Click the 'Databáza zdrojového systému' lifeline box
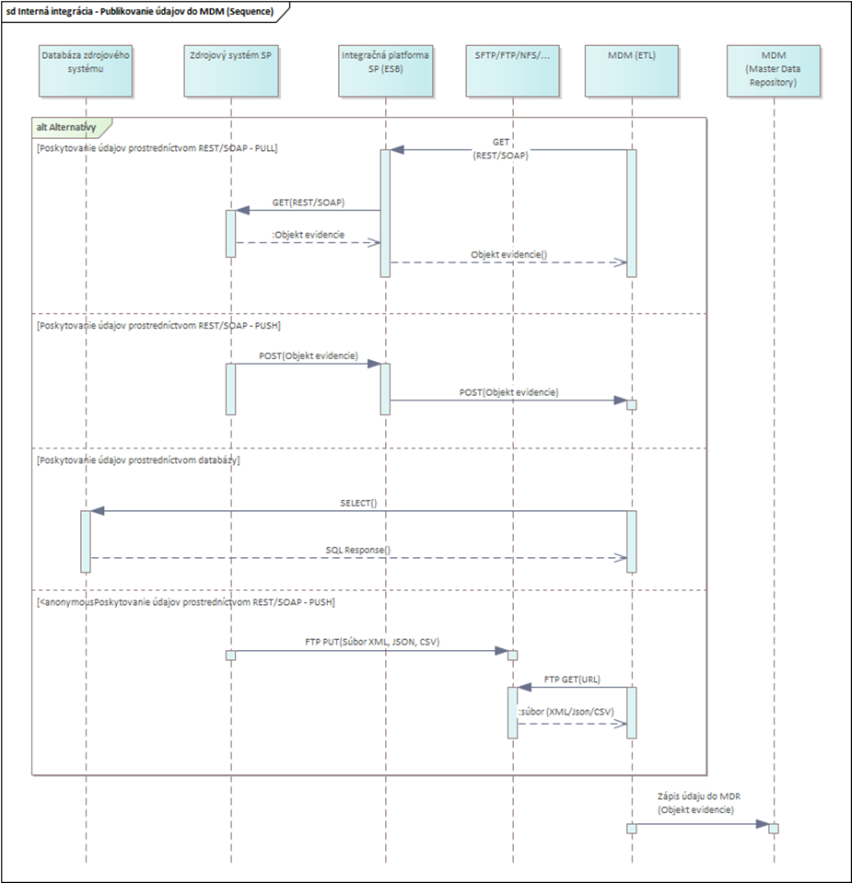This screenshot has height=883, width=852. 86,70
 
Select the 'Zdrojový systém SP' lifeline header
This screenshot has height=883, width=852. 230,70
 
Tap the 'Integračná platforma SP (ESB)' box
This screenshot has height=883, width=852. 386,70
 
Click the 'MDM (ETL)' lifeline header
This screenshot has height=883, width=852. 632,70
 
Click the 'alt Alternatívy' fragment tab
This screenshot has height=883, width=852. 69,126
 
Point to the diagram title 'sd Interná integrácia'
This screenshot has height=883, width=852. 138,10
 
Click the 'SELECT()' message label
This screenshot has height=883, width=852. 358,504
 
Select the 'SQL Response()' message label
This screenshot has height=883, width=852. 358,550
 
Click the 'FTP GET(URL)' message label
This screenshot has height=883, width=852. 572,679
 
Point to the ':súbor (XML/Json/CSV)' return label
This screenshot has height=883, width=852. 566,711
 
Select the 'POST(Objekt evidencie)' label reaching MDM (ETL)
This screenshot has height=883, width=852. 508,392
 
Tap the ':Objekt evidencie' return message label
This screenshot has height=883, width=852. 308,235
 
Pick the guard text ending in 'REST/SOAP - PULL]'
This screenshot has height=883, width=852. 157,147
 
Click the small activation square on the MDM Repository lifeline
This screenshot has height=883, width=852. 774,828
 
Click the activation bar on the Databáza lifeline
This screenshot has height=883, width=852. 86,540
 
